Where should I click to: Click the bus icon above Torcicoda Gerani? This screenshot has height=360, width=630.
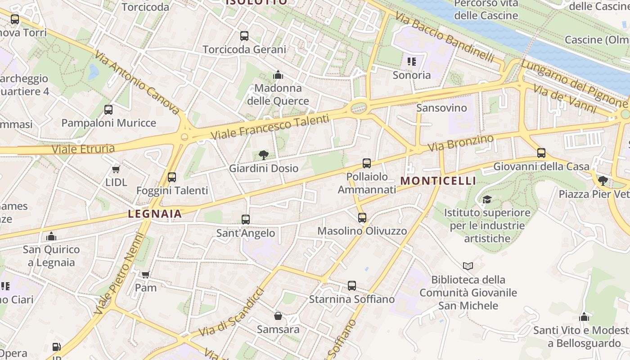pos(244,36)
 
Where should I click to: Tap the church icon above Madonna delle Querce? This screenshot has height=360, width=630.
pos(278,74)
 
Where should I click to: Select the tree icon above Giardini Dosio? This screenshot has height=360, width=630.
pos(264,155)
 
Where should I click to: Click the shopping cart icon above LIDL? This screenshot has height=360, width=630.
pos(116,170)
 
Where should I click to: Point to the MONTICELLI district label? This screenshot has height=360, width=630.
pos(438,181)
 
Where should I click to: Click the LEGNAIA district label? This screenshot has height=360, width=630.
pos(155,214)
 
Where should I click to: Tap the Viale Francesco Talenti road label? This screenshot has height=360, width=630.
pos(270,128)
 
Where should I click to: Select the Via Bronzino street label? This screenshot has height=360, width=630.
pos(460,143)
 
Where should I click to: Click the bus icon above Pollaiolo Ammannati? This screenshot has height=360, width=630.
pos(367,163)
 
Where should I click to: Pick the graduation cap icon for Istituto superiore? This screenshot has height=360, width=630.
pos(487,199)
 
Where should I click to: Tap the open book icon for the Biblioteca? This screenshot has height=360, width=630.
pos(468,266)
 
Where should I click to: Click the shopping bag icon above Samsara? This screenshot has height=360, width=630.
pos(278,316)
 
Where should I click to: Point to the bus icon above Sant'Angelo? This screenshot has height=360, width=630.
pos(246,220)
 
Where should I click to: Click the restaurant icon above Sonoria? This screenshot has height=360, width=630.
pos(411,62)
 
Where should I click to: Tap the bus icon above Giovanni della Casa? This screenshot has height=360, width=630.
pos(541,153)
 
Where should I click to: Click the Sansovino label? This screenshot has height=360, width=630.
pos(441,108)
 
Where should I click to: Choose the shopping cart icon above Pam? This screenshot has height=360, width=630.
pos(146,274)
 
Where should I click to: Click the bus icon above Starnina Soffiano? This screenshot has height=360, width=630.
pos(352,286)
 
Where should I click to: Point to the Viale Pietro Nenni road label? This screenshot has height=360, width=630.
pos(118,274)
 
